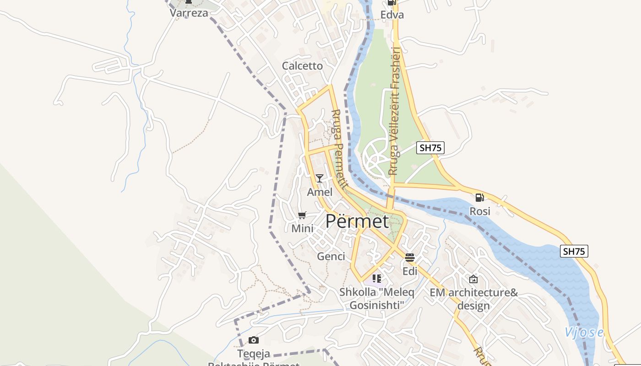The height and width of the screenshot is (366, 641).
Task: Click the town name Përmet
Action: point(357,221)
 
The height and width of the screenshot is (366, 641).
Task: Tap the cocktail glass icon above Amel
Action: point(320,178)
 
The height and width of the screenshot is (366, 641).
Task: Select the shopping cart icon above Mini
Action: point(302,215)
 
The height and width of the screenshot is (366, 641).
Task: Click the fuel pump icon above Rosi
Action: point(479,198)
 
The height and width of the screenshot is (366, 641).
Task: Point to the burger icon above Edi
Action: point(410,258)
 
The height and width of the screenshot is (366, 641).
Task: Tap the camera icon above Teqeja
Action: point(254,340)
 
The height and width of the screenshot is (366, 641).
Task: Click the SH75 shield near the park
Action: point(430,147)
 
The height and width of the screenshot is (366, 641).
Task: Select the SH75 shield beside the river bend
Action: point(574,251)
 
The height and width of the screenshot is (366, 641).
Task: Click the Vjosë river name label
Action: point(584,332)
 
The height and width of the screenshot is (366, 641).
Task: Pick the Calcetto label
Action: point(302,66)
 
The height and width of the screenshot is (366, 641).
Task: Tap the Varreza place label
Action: point(189,13)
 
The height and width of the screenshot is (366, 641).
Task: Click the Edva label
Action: point(392,15)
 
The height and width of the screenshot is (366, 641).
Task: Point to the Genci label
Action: point(331,256)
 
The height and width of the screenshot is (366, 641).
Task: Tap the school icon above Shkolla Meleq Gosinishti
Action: point(377,278)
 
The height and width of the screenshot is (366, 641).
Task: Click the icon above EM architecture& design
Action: point(473,279)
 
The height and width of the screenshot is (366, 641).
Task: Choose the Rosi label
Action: point(480,211)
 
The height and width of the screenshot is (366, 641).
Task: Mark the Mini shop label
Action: point(302,228)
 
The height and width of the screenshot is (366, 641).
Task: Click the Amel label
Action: point(320,192)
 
